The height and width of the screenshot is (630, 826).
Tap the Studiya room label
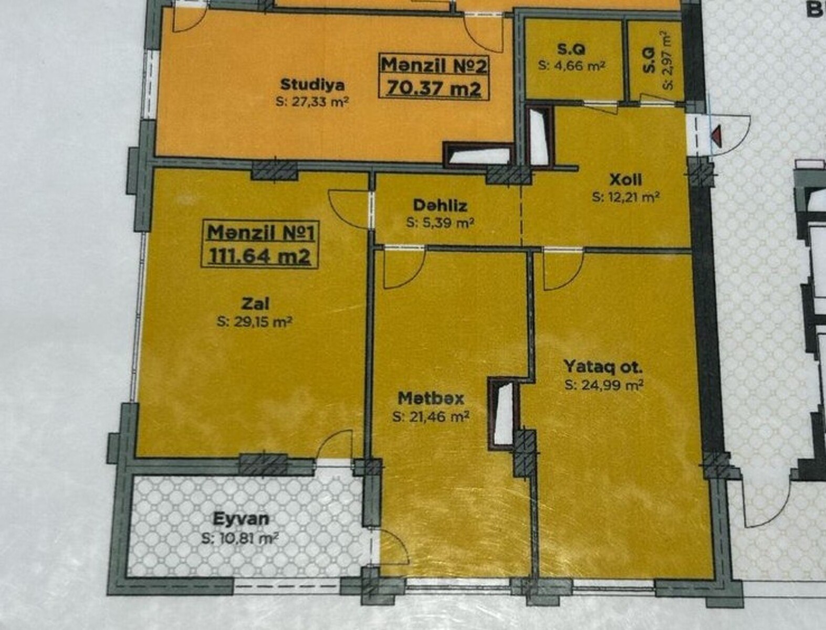(312, 85)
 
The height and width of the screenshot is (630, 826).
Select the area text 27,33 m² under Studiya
(311, 101)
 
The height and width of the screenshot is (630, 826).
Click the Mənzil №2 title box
(434, 77)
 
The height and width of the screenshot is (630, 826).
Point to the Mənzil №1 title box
(260, 244)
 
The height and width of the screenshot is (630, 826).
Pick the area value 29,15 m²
(255, 322)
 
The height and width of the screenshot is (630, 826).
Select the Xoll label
(626, 180)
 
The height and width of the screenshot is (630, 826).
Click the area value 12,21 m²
(625, 197)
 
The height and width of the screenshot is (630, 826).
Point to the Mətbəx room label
(431, 398)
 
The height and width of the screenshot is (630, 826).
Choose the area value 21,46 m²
(431, 416)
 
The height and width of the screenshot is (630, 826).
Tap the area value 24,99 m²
(603, 385)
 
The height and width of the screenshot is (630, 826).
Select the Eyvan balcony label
(241, 519)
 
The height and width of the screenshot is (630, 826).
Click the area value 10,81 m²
(240, 539)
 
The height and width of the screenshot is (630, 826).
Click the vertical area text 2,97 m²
(667, 60)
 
